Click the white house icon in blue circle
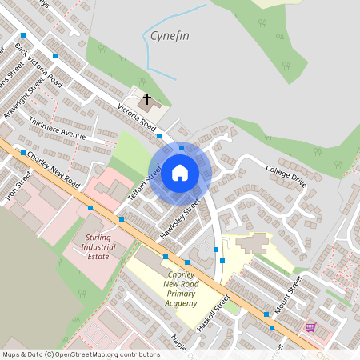pos(180,172)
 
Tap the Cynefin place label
pos(170,36)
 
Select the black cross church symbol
pos(146,100)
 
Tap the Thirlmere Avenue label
pos(56,129)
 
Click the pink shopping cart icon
pos(310,327)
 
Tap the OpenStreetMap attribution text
pos(80,354)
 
